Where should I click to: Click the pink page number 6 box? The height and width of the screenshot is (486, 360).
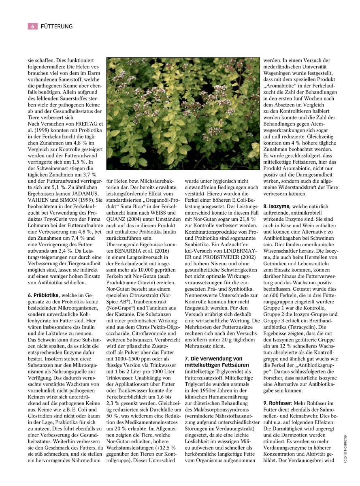point(32,26)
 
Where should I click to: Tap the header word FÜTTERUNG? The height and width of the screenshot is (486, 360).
point(57,26)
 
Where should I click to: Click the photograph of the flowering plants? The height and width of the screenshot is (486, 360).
point(183,113)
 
